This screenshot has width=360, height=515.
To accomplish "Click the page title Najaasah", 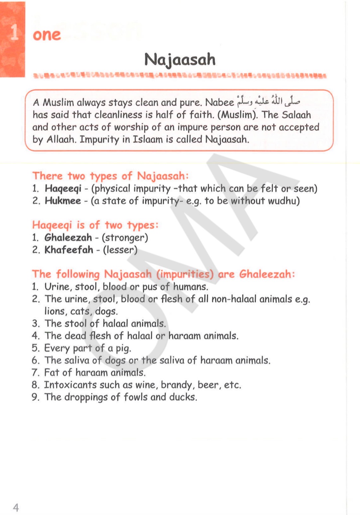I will click(x=180, y=60).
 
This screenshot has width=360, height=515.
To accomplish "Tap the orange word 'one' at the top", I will click(x=47, y=35).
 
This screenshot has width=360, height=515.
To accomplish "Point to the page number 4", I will click(x=16, y=508).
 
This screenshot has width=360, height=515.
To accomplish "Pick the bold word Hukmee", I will click(x=63, y=201).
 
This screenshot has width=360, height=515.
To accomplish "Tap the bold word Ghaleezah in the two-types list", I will click(x=68, y=237).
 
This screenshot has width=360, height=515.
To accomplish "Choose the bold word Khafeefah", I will click(x=69, y=250).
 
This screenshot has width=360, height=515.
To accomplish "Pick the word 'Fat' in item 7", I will click(x=52, y=372).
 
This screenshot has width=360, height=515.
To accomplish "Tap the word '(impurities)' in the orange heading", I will click(x=185, y=274).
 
